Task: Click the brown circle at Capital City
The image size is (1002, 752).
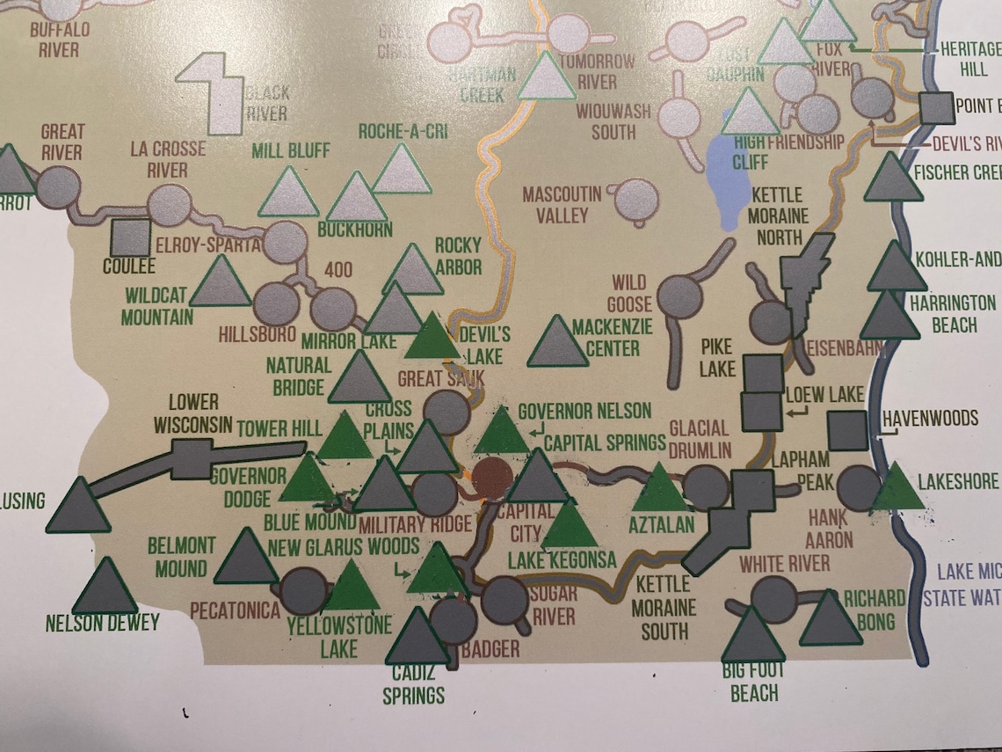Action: coord(494,478)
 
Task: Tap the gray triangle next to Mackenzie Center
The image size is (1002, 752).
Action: coord(556,342)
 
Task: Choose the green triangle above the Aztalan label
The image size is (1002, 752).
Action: coord(660,489)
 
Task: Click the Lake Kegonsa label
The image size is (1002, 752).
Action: coord(563,559)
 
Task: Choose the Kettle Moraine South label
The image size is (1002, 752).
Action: coord(665,607)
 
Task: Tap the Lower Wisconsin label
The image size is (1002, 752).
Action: coord(193,414)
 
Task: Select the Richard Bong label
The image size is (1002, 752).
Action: coord(875,610)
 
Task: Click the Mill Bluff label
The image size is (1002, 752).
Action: coord(291,150)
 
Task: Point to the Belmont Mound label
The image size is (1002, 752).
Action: coord(182,558)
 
